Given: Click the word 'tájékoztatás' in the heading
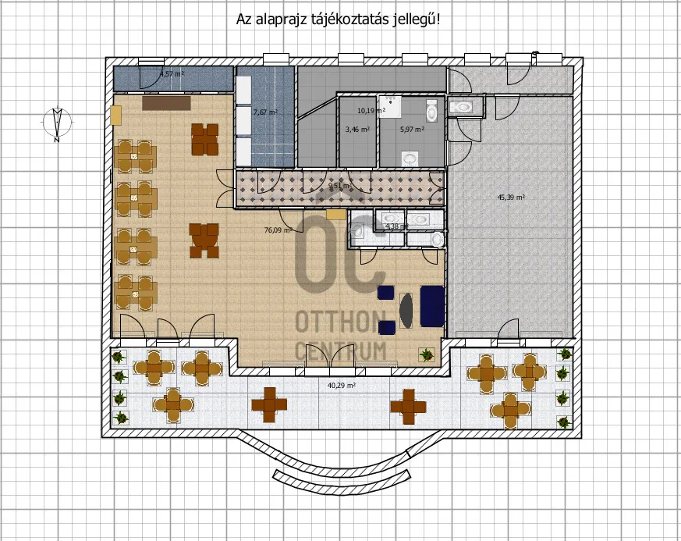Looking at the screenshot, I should click(x=340, y=19).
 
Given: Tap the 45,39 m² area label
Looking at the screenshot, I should click(x=511, y=198).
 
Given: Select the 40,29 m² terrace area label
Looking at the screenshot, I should click(x=341, y=386).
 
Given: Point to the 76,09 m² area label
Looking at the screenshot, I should click(x=278, y=230).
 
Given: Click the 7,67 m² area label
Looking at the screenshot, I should click(x=265, y=112).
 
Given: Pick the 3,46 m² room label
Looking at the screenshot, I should click(x=357, y=130).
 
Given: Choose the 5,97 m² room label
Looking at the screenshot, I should click(x=411, y=130).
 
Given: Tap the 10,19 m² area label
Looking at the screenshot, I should click(x=371, y=111).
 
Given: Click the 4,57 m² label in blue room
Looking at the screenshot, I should click(x=172, y=74).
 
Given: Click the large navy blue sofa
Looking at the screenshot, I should click(x=432, y=305).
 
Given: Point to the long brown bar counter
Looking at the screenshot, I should click(x=166, y=102).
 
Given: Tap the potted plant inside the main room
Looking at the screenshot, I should click(x=426, y=355).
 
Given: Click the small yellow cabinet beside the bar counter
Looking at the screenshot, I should click(x=116, y=115).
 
